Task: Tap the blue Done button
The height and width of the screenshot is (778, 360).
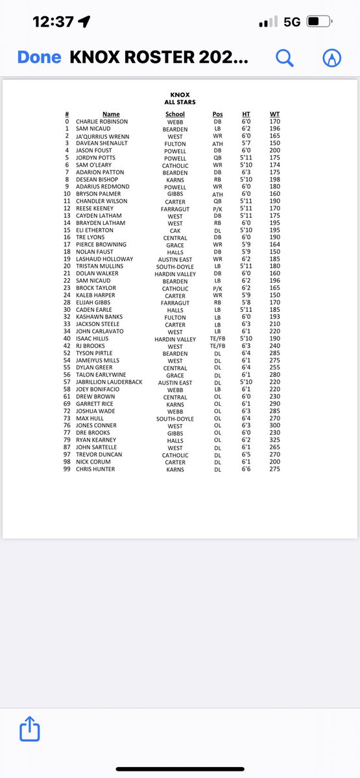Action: [39, 57]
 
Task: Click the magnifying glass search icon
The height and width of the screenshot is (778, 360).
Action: [285, 58]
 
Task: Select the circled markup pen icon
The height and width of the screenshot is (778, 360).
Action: [332, 58]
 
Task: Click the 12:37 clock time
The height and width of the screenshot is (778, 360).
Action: [53, 21]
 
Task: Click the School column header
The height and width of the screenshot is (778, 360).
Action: [175, 114]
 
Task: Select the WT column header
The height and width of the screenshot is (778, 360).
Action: [275, 114]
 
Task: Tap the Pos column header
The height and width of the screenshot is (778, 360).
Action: [217, 114]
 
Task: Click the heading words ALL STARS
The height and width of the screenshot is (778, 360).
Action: [180, 102]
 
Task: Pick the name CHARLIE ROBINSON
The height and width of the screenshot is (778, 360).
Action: [102, 121]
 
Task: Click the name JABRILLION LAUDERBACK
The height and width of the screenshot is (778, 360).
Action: [109, 383]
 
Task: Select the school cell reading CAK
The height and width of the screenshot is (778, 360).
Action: [175, 230]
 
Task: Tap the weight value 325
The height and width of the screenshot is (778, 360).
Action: [275, 440]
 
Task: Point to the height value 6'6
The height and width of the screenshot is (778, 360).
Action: [246, 469]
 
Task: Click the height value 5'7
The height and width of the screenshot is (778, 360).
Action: [246, 143]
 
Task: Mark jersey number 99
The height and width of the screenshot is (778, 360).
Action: [67, 469]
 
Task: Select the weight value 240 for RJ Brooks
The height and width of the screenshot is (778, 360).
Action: [275, 346]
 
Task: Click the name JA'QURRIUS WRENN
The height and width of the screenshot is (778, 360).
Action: [102, 136]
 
